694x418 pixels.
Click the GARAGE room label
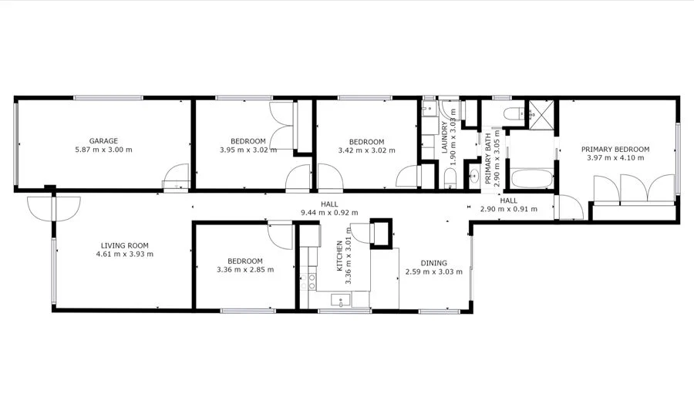[x=103, y=140]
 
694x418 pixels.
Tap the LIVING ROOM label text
[x=124, y=244]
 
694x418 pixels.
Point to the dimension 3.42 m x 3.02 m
[x=366, y=150]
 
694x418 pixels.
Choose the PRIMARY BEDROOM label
[x=615, y=149]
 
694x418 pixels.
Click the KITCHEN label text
[x=339, y=256]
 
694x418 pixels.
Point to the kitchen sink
[x=340, y=300]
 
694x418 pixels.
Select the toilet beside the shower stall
[x=511, y=116]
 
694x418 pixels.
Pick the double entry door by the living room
[x=52, y=207]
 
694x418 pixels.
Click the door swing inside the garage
[x=176, y=176]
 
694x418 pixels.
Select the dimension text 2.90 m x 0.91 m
[x=508, y=208]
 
